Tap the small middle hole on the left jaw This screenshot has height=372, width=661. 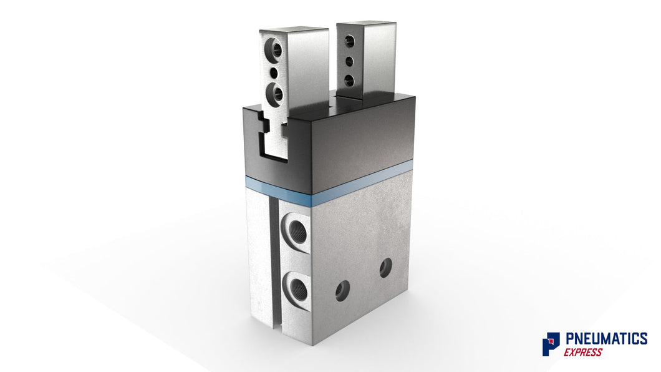[x=273, y=73]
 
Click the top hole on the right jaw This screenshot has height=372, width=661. [x=349, y=42]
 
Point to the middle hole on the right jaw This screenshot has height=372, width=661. [x=349, y=61]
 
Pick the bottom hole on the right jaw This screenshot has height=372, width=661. [x=349, y=80]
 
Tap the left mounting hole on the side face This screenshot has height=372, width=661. [x=342, y=290]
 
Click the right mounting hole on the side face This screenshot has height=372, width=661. [x=385, y=268]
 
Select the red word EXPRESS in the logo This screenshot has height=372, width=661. [x=583, y=352]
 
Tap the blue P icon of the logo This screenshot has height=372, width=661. [x=551, y=344]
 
